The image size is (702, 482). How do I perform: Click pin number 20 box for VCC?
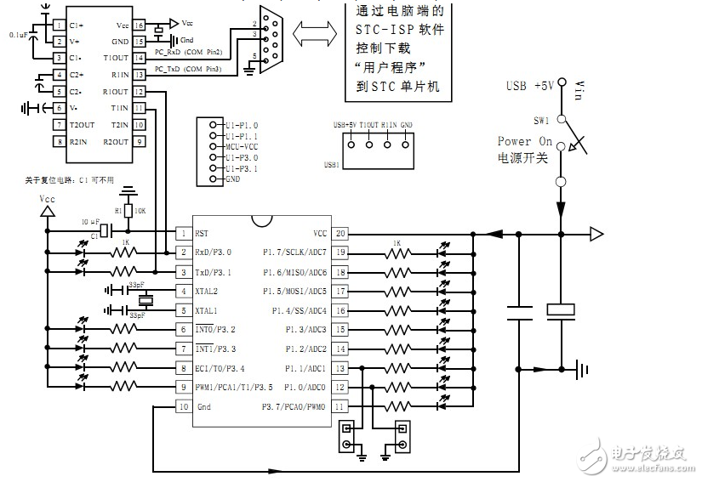(x=340, y=233)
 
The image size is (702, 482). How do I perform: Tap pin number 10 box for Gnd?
(x=182, y=407)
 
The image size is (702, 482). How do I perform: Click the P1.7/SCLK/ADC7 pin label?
(x=294, y=252)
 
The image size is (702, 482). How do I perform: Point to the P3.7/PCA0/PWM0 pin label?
(x=294, y=407)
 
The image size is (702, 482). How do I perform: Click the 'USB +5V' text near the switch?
(x=529, y=85)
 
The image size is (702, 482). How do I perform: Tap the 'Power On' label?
(x=525, y=141)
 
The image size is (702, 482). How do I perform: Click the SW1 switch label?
(x=541, y=120)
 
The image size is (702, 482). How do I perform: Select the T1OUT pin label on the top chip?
(x=116, y=58)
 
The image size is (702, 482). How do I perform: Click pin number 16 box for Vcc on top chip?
(x=139, y=25)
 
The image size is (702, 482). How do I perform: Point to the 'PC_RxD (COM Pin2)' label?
(x=189, y=53)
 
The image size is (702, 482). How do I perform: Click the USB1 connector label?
(x=334, y=164)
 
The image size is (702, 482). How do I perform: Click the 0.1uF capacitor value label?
(x=18, y=35)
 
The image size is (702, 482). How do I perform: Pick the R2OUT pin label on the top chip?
(x=116, y=142)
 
